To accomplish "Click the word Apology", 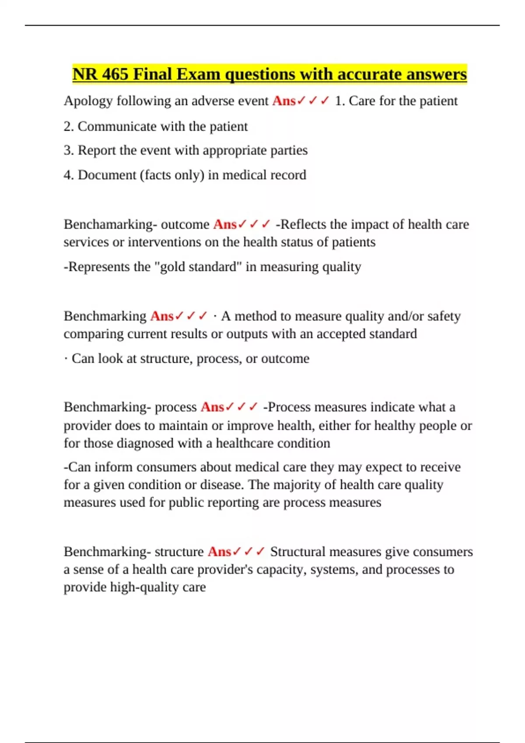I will pyautogui.click(x=88, y=101).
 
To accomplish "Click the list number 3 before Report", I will pyautogui.click(x=68, y=150).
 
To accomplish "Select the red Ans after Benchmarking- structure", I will pyautogui.click(x=220, y=552).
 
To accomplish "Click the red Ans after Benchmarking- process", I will pyautogui.click(x=212, y=407).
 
